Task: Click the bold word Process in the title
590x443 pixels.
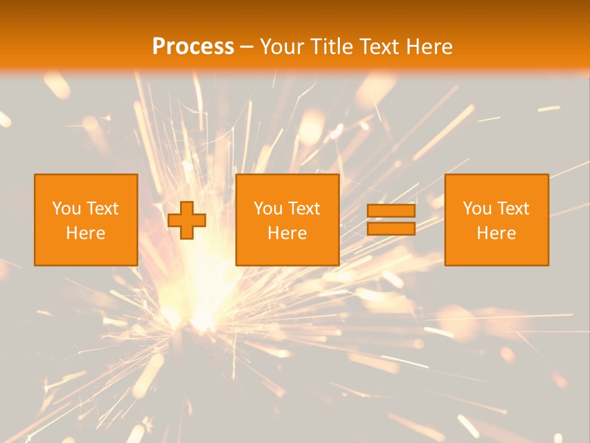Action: tap(193, 47)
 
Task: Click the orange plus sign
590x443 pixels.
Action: tap(187, 220)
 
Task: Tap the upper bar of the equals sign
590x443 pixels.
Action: tap(391, 210)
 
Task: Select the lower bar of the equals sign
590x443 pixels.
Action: tap(391, 229)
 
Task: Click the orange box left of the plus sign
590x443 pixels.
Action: tap(85, 185)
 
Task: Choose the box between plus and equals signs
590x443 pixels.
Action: tap(287, 185)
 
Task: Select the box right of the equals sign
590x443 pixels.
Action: tap(496, 185)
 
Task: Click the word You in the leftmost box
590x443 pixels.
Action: tap(66, 209)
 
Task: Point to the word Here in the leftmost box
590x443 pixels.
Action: tap(85, 233)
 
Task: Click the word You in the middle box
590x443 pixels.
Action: tap(268, 209)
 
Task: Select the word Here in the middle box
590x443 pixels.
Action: tap(287, 233)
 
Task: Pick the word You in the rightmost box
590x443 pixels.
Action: tap(477, 209)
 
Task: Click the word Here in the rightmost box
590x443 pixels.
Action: tap(496, 233)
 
